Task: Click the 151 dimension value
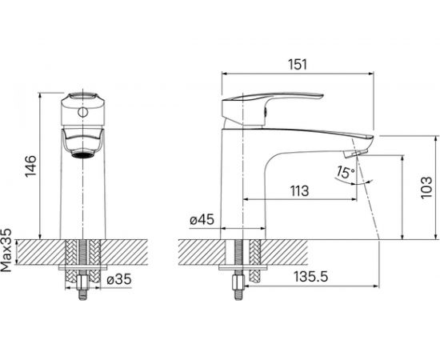[298, 64]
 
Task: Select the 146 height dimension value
[31, 166]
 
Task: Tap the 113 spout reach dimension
[299, 191]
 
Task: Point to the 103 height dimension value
[426, 187]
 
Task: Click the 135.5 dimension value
[311, 277]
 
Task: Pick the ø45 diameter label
[202, 219]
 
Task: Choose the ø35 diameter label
[119, 279]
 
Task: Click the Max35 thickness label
[6, 250]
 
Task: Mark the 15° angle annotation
[346, 172]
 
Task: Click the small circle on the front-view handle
[82, 113]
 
